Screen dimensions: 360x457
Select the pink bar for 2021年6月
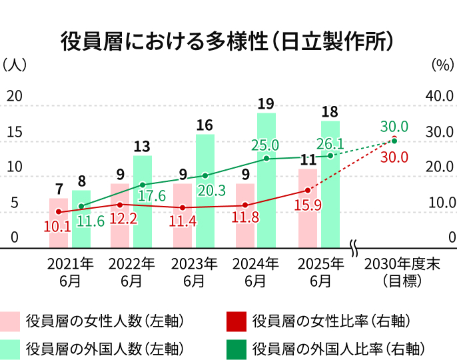59,223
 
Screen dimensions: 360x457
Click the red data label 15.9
308,205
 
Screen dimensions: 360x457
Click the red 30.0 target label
394,157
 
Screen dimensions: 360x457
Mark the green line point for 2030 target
394,141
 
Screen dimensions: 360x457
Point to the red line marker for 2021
59,212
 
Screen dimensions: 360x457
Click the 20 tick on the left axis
15,96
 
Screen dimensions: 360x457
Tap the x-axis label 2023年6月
195,272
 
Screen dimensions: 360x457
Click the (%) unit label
442,65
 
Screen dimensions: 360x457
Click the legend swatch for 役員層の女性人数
11,321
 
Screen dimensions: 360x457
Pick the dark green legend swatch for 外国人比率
236,349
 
